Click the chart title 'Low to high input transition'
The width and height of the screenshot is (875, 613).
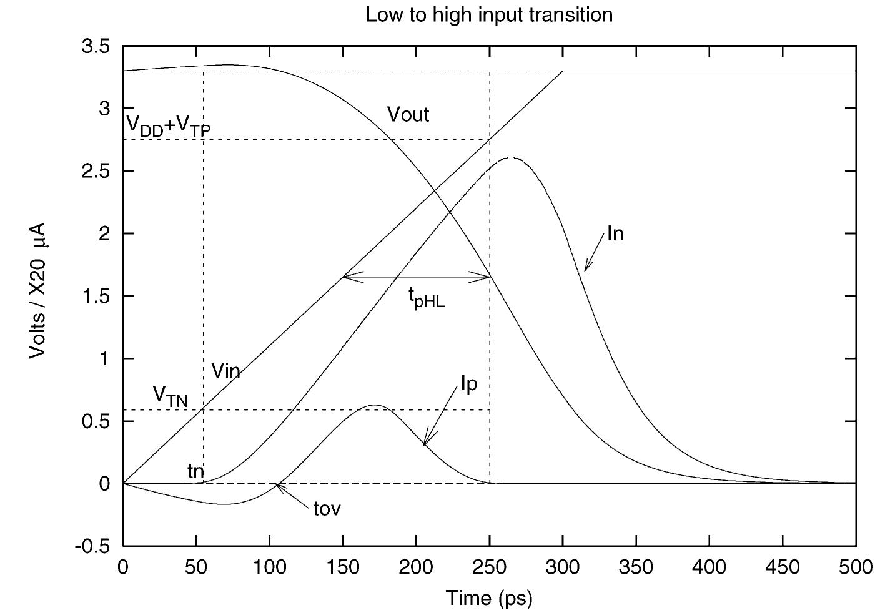(x=489, y=14)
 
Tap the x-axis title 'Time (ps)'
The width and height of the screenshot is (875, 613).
(x=489, y=598)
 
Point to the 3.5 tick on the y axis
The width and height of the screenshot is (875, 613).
(x=96, y=46)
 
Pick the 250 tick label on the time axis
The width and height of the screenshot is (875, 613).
(x=489, y=567)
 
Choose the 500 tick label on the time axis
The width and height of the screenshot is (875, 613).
(x=855, y=567)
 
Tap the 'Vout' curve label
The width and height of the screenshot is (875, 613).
(x=408, y=115)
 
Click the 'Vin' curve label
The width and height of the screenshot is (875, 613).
(x=225, y=371)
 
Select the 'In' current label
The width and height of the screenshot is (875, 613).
(x=615, y=234)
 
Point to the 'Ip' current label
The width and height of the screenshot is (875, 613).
(x=468, y=384)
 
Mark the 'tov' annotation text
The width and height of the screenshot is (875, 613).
(x=327, y=509)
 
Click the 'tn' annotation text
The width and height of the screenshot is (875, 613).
(x=195, y=471)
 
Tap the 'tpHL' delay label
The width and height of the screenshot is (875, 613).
(x=427, y=299)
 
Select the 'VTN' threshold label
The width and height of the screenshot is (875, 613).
(x=170, y=395)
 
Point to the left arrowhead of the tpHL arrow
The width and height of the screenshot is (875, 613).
(x=345, y=277)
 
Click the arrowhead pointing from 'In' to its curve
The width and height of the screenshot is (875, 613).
(x=586, y=270)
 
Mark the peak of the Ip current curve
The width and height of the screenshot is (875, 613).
(x=373, y=405)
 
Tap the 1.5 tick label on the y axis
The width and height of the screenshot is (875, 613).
(x=96, y=296)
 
